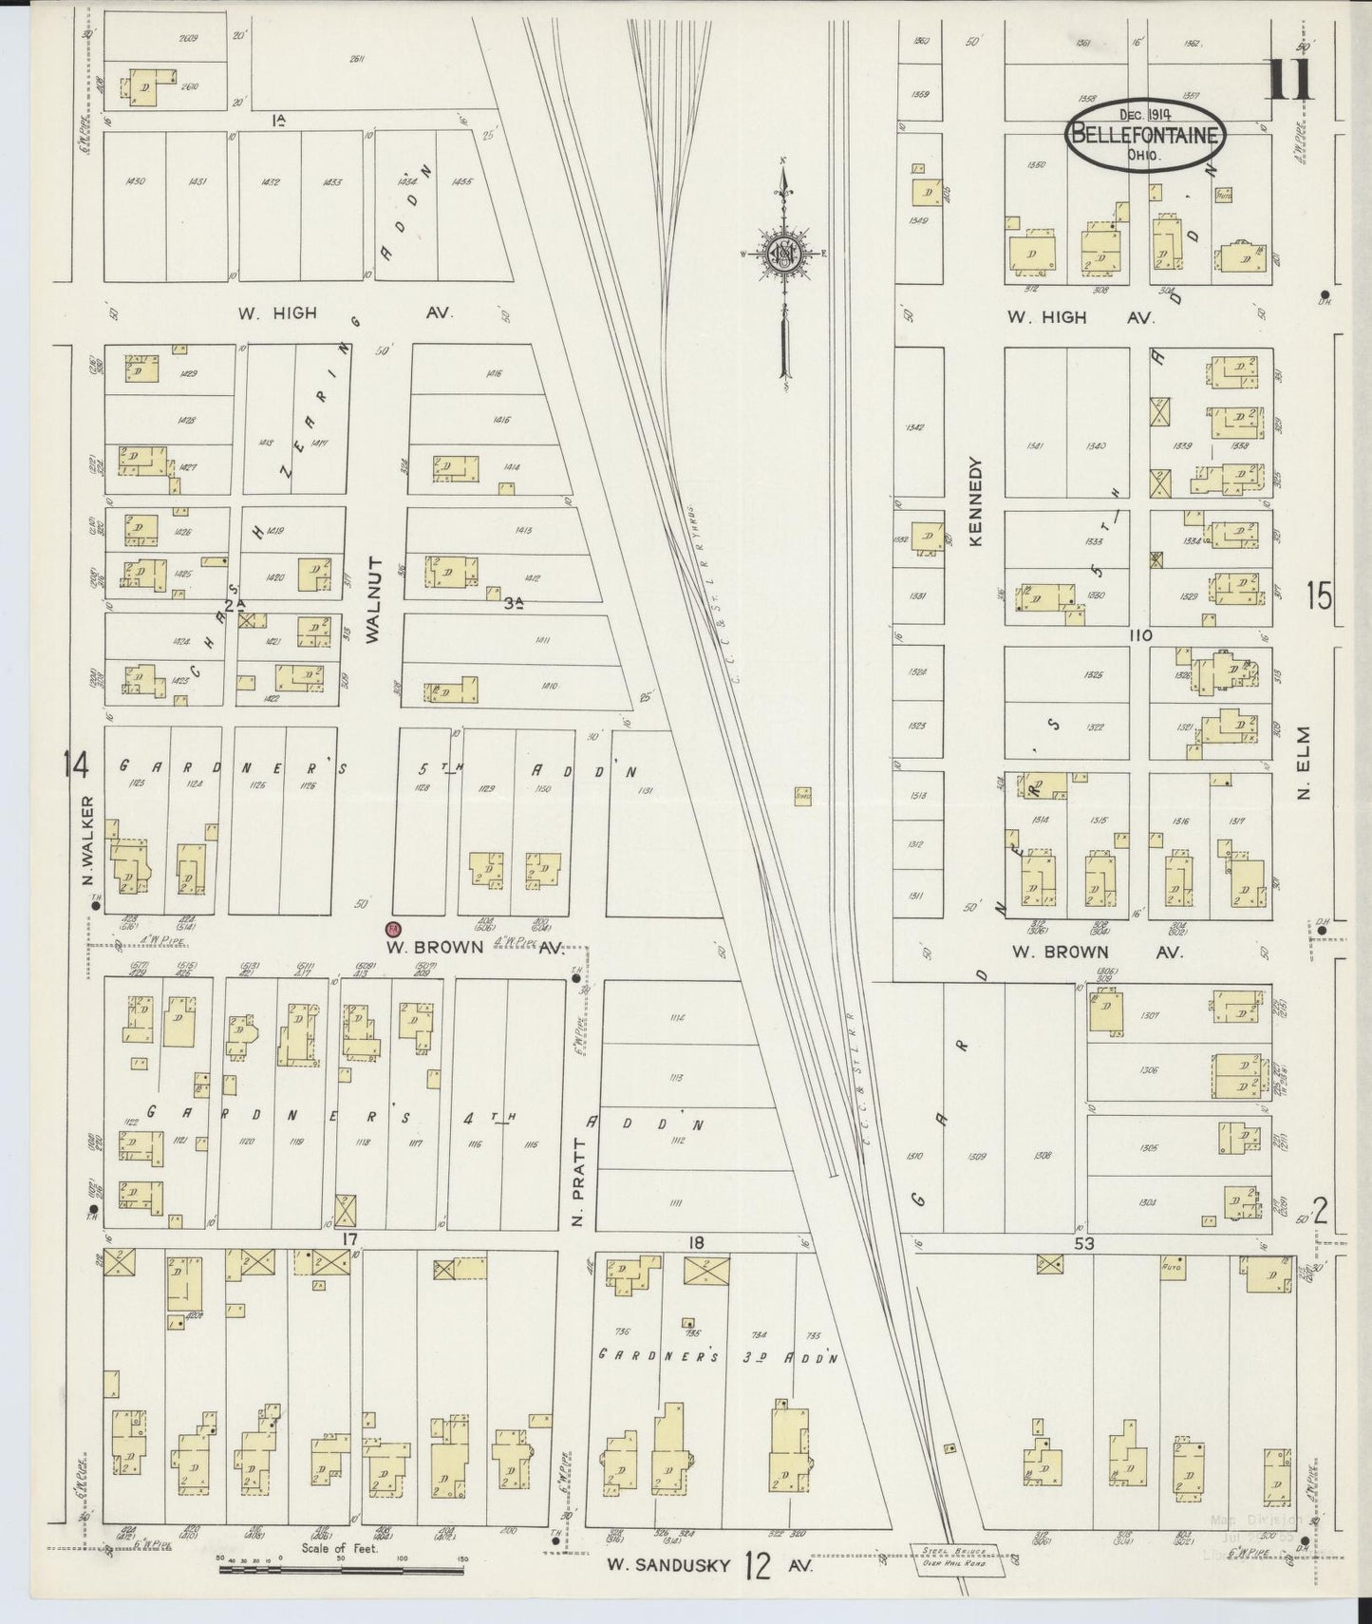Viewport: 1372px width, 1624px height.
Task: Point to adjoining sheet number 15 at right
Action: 1319,595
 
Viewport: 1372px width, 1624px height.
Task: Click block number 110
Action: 1140,634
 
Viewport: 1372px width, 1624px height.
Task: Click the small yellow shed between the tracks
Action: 803,796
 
